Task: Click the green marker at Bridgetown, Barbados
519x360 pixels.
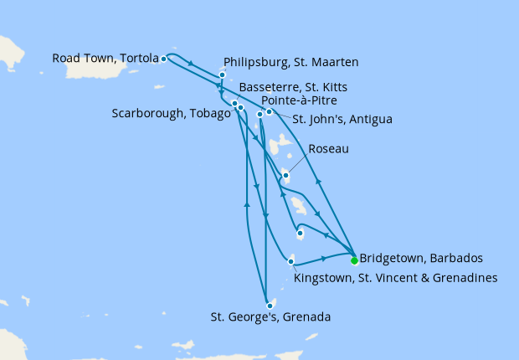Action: (x=354, y=259)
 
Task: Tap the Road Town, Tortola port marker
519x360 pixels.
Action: (x=164, y=59)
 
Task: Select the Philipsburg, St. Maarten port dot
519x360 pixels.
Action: (x=222, y=75)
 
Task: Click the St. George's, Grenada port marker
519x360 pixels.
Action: (x=270, y=306)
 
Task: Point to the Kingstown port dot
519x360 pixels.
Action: (x=290, y=262)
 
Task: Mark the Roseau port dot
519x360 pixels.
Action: (x=286, y=175)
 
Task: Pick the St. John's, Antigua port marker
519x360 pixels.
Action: (x=269, y=111)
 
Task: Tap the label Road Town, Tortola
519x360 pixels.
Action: (x=105, y=59)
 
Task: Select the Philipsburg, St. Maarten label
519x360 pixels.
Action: (x=291, y=61)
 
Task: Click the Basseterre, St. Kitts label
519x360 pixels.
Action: (x=293, y=87)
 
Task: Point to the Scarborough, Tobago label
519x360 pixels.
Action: (x=171, y=114)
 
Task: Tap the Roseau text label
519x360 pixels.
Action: (x=328, y=149)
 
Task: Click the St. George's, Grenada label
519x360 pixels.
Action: (x=270, y=317)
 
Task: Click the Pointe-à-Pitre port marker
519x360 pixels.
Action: (x=259, y=115)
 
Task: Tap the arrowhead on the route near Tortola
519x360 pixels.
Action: (x=193, y=64)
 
